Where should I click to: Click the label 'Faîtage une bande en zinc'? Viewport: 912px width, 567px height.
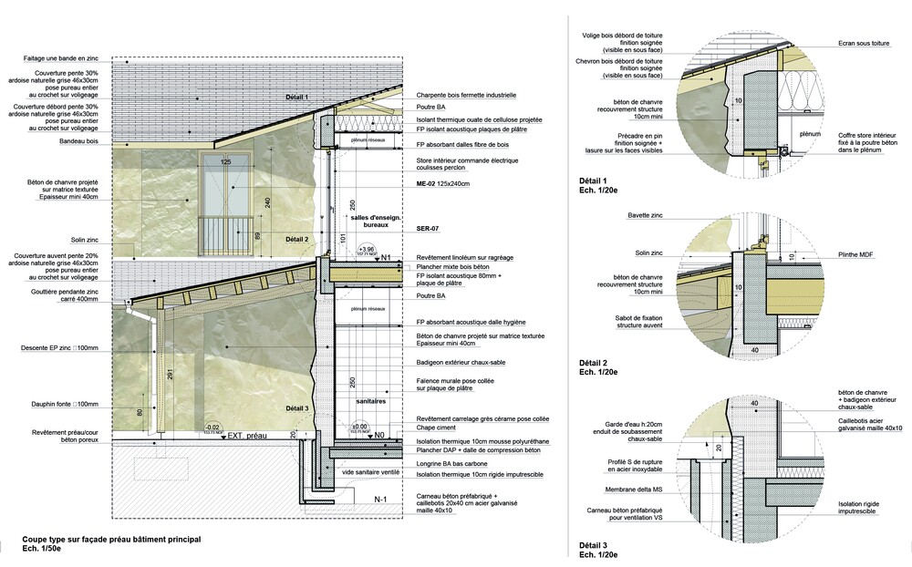click(x=63, y=59)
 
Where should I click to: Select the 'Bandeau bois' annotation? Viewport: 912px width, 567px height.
click(x=80, y=142)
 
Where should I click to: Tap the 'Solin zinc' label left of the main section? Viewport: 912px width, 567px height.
click(x=85, y=240)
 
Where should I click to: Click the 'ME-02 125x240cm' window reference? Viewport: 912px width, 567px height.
click(x=442, y=184)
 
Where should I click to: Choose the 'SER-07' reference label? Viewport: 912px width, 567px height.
click(x=429, y=228)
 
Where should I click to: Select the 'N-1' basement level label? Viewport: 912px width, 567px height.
click(x=382, y=500)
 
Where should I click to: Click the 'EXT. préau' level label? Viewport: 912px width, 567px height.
click(x=247, y=437)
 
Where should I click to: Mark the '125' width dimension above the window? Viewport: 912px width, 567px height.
click(x=224, y=161)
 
